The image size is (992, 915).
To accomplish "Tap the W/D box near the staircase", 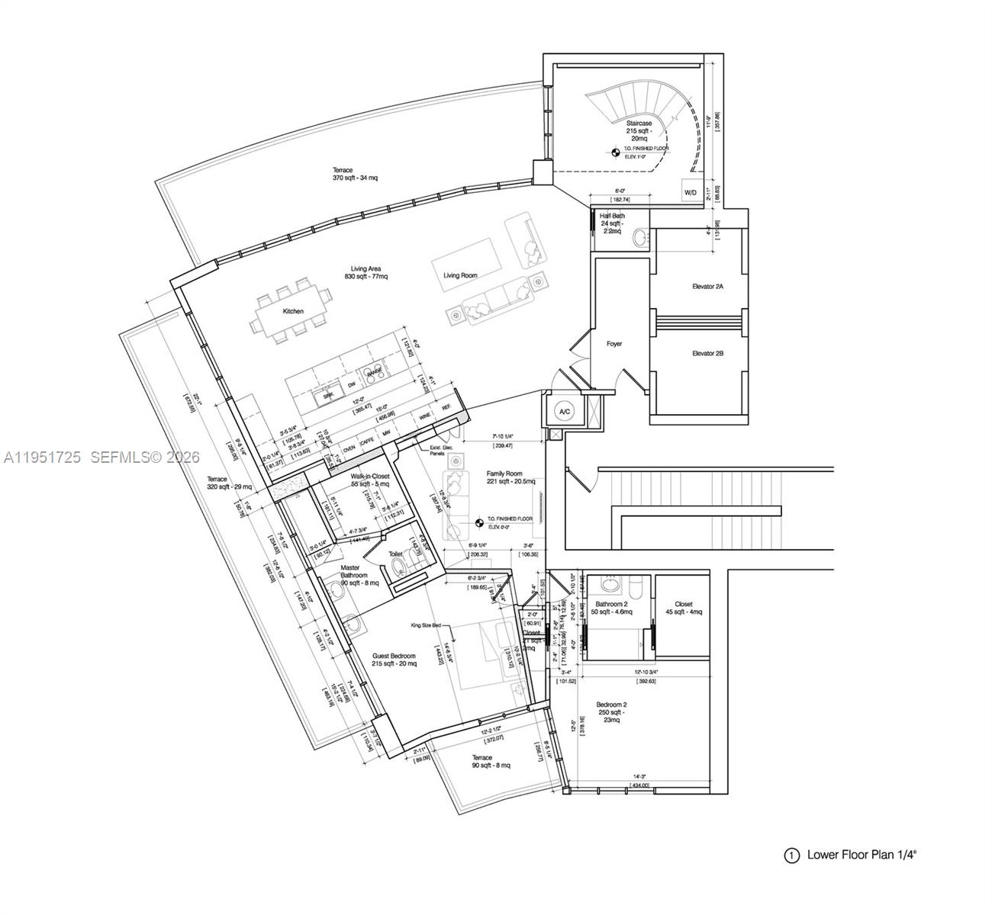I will [690, 193].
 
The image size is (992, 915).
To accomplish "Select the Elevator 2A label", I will [707, 287].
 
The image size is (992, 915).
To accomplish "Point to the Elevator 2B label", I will [707, 354].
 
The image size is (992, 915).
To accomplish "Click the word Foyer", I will [614, 344].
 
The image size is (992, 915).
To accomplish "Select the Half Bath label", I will [612, 217].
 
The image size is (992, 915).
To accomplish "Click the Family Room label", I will [510, 474].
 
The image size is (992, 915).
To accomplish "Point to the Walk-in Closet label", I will [369, 477].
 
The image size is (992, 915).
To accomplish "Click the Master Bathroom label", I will [353, 572].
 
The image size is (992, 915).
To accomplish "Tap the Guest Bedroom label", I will [394, 657].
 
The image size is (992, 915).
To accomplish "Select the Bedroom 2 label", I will [611, 705].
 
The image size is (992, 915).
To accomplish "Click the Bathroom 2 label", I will [611, 604].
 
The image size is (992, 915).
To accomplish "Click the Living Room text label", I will [460, 275].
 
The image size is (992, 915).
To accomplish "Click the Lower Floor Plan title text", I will [862, 855].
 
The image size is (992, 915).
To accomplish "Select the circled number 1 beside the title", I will [791, 856].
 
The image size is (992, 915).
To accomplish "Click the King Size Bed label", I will [426, 624].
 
